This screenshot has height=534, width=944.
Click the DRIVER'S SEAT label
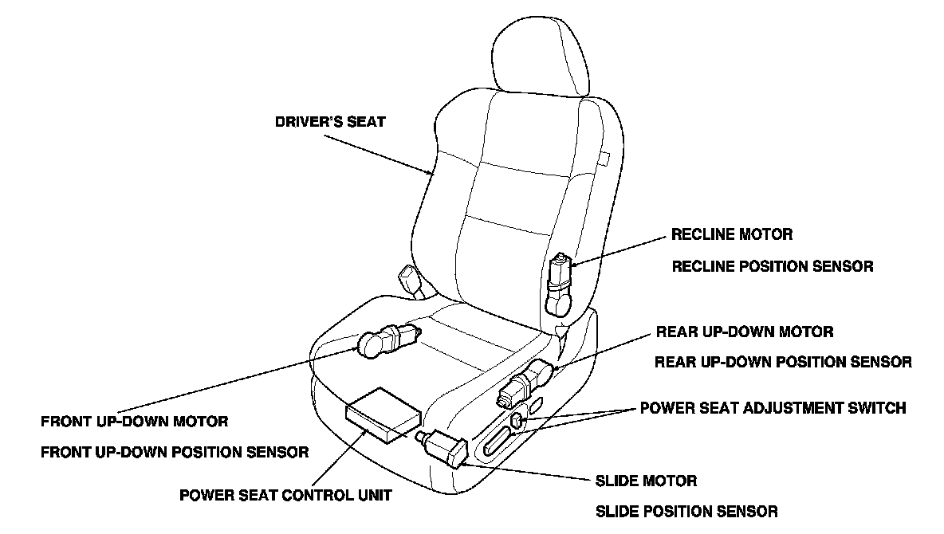330,122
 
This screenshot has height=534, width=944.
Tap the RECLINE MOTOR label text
732,235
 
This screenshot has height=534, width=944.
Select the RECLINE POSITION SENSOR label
772,266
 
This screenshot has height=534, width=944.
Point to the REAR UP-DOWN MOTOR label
744,332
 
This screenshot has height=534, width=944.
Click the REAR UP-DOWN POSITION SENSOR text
783,362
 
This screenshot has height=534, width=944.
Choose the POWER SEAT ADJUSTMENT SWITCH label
773,408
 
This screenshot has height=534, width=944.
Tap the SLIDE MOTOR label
647,481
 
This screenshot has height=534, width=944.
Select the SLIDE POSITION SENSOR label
686,511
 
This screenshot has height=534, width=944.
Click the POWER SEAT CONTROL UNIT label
285,495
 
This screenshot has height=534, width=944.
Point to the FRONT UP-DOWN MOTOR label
135,420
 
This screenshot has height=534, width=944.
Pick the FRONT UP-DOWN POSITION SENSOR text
175,452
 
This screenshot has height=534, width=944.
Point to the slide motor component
445,446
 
